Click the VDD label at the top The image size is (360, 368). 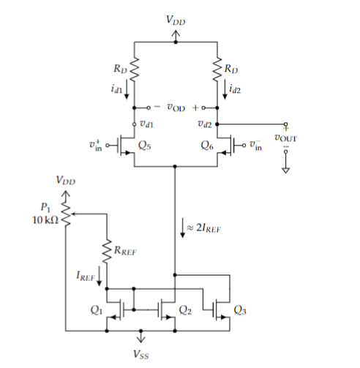(176, 23)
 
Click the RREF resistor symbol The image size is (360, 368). (107, 249)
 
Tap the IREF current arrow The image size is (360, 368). (99, 279)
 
